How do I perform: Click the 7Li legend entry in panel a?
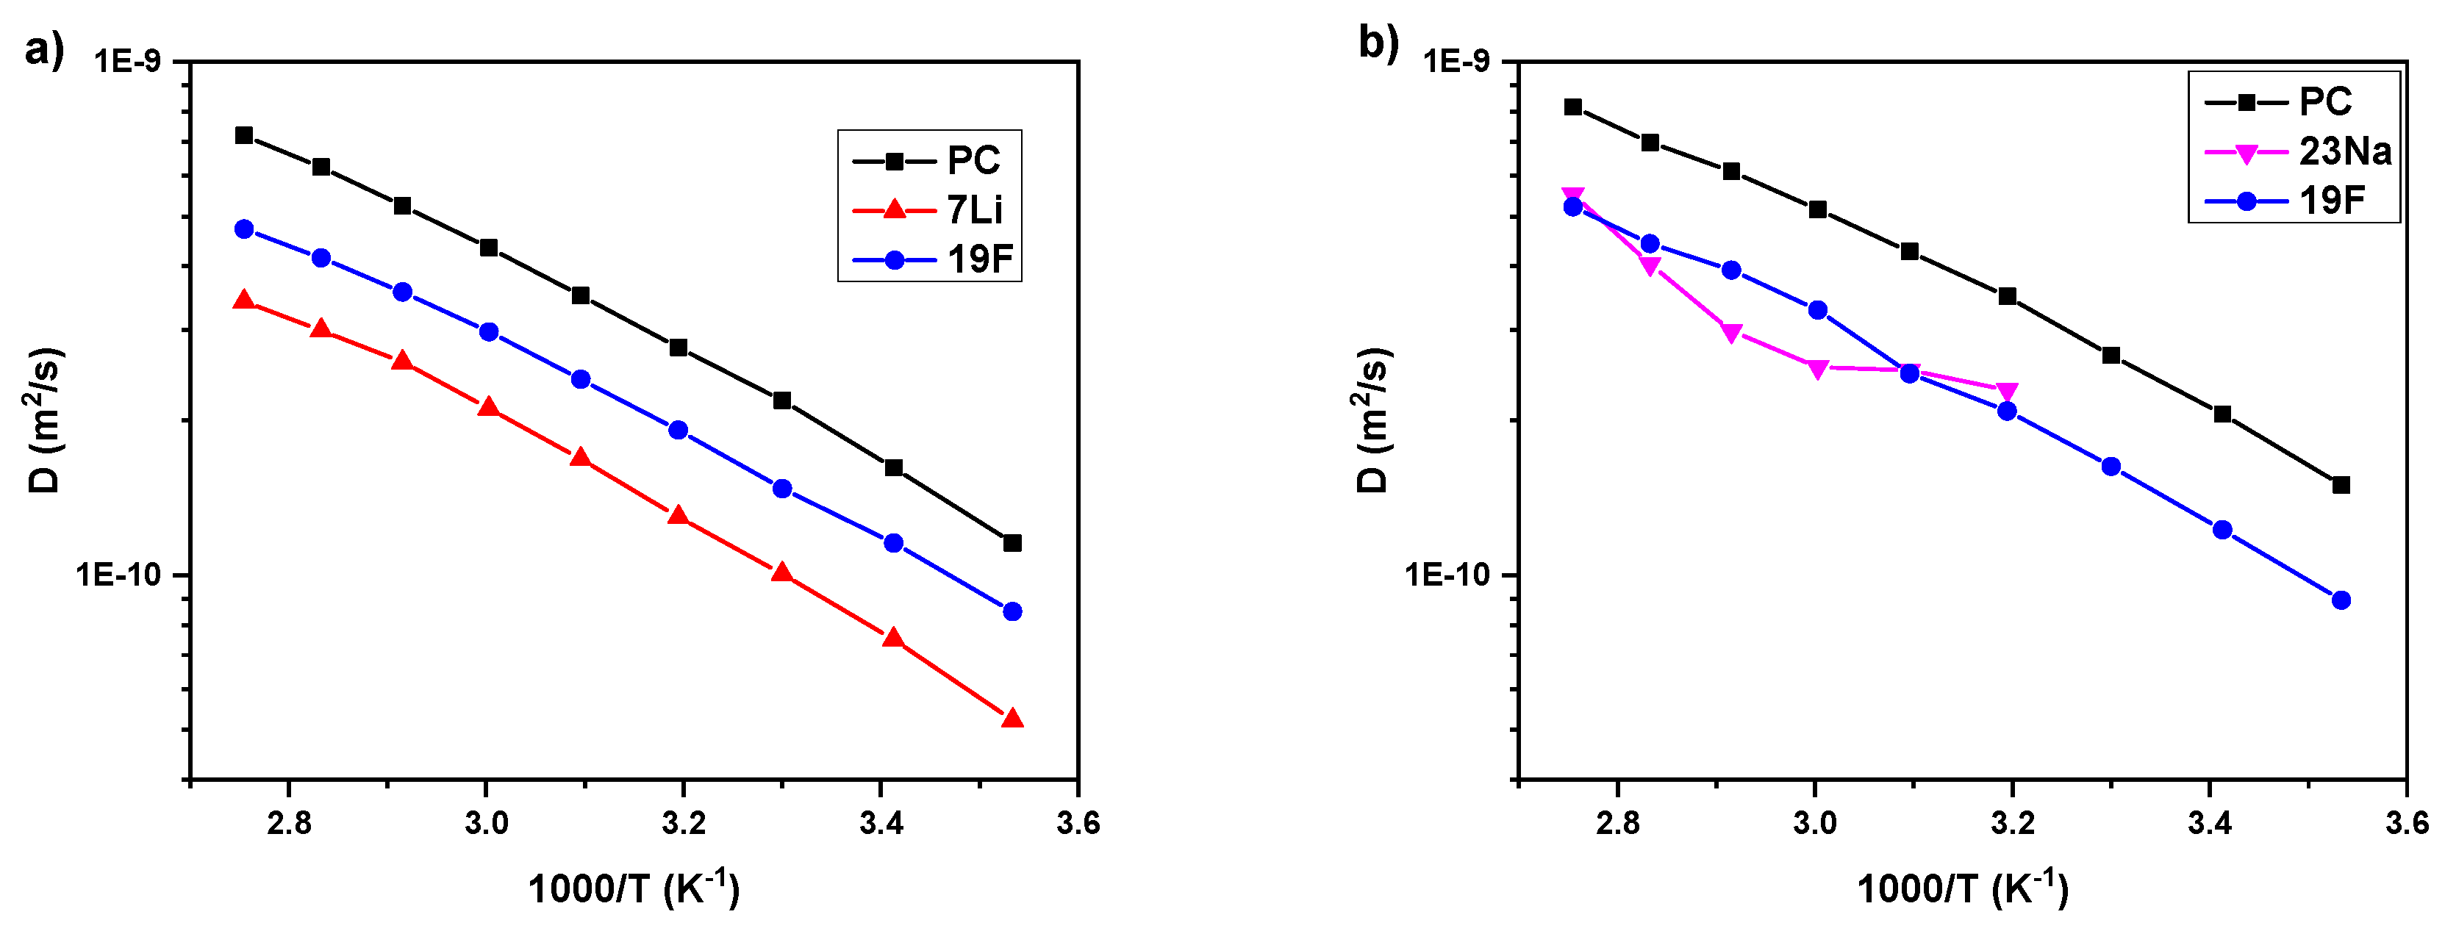point(974,209)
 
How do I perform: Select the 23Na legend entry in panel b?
point(2344,151)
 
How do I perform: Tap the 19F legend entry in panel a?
point(979,259)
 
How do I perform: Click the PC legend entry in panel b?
point(2324,101)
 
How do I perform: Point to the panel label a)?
point(43,48)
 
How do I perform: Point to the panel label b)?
point(1378,42)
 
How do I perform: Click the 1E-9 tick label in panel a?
point(127,62)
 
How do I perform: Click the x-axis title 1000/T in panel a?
point(633,888)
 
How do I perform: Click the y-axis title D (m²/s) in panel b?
point(1372,420)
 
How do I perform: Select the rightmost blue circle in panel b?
point(2341,600)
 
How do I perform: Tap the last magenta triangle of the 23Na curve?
point(2006,391)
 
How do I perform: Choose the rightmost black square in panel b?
point(2341,485)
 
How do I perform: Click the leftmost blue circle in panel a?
point(244,229)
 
